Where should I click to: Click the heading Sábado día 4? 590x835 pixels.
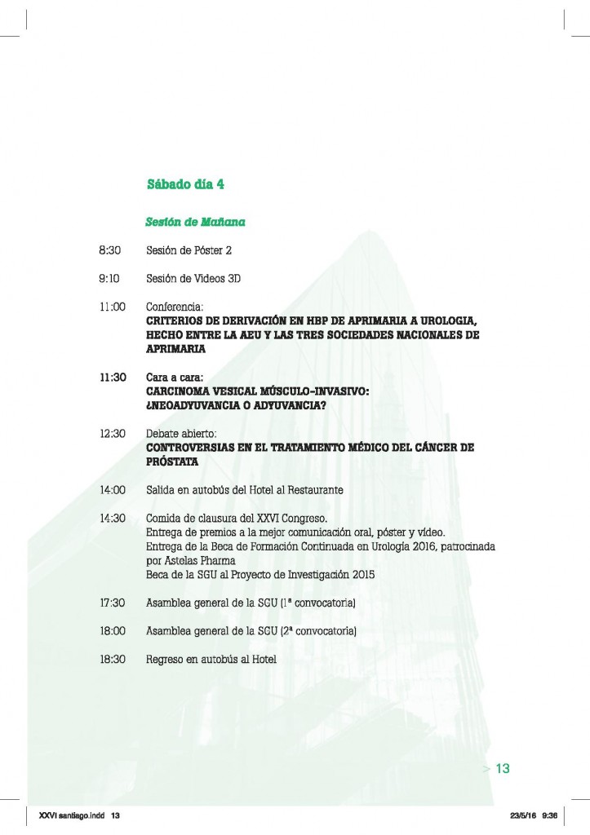[185, 184]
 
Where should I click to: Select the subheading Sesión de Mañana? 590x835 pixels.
[196, 222]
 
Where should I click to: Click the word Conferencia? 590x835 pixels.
[174, 307]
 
